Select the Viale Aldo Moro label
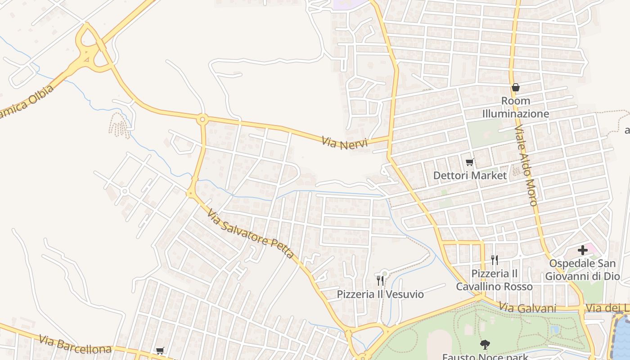pos(526,166)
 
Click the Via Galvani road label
pos(527,308)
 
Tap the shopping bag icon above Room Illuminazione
pos(516,87)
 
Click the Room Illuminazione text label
pos(516,107)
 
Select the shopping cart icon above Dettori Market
pos(470,162)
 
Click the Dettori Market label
pos(470,175)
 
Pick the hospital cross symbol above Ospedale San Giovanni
pos(583,250)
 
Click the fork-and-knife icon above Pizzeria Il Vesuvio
pos(380,281)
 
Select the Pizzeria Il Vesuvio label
pos(380,294)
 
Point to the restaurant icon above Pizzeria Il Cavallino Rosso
pos(494,260)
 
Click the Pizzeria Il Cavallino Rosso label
pos(494,280)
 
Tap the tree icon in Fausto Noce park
pos(485,345)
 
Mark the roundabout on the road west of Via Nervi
pos(202,119)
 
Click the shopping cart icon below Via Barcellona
pos(160,351)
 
